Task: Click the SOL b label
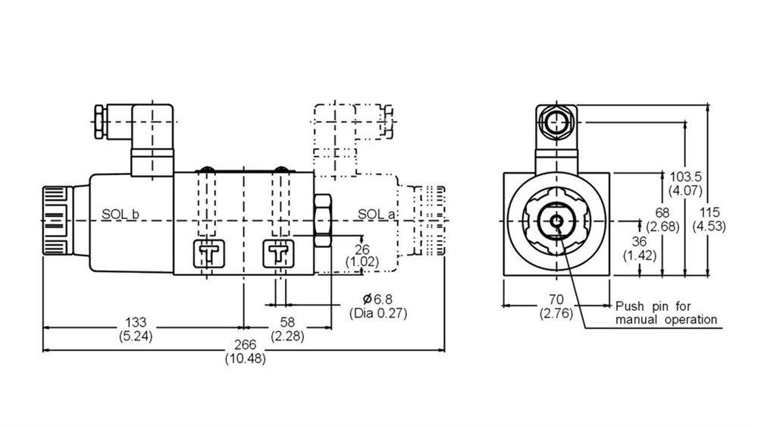[x=121, y=215]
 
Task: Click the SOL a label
[x=377, y=215]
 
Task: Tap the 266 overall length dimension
[x=245, y=345]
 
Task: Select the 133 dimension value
[x=136, y=321]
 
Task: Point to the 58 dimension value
[x=287, y=321]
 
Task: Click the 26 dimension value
[x=362, y=248]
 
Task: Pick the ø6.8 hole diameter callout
[x=377, y=299]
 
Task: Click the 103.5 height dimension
[x=688, y=177]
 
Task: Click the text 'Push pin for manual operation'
[x=666, y=313]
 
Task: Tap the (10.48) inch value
[x=245, y=359]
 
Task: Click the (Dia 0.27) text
[x=377, y=312]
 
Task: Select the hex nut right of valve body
[x=323, y=221]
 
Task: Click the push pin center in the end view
[x=556, y=221]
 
